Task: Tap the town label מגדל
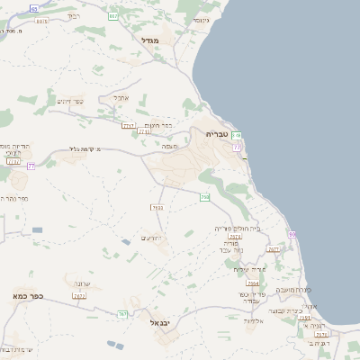pos(150,40)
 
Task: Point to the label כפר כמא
pos(29,295)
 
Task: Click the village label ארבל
pos(121,97)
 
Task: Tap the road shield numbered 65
pos(33,8)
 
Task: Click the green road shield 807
pos(112,16)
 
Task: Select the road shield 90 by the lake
pos(292,234)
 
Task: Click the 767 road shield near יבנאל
pos(122,313)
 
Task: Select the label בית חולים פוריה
pos(237,229)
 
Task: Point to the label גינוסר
pos(200,20)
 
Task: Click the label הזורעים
pos(150,238)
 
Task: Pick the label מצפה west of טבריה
pos(168,145)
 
